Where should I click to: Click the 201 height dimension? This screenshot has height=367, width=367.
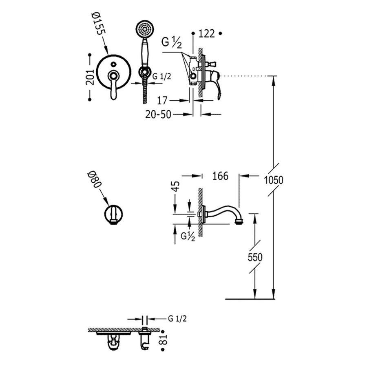pyautogui.click(x=91, y=76)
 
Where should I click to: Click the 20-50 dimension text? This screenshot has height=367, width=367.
pyautogui.click(x=158, y=115)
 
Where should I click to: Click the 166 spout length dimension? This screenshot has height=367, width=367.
pyautogui.click(x=220, y=176)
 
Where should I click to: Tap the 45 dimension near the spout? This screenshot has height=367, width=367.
pyautogui.click(x=175, y=187)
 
